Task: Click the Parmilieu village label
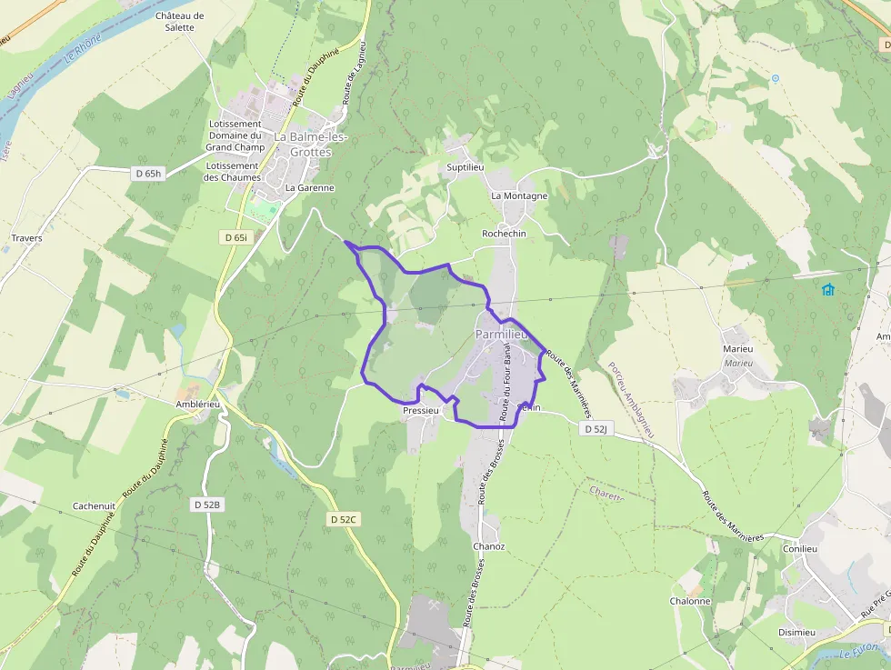[x=501, y=335]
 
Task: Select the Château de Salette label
[x=180, y=22]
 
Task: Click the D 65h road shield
[x=147, y=174]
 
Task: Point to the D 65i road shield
[x=235, y=237]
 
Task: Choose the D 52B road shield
[x=207, y=504]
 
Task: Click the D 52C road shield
[x=344, y=519]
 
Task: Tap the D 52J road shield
[x=596, y=428]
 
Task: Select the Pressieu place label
[x=421, y=411]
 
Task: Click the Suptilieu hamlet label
[x=466, y=168]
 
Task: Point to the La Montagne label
[x=519, y=195]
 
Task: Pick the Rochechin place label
[x=504, y=234]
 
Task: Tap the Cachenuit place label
[x=95, y=506]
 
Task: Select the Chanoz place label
[x=488, y=546]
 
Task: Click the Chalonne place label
[x=690, y=601]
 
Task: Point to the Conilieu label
[x=800, y=548]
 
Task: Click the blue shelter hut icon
[x=828, y=290]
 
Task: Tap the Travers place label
[x=26, y=238]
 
